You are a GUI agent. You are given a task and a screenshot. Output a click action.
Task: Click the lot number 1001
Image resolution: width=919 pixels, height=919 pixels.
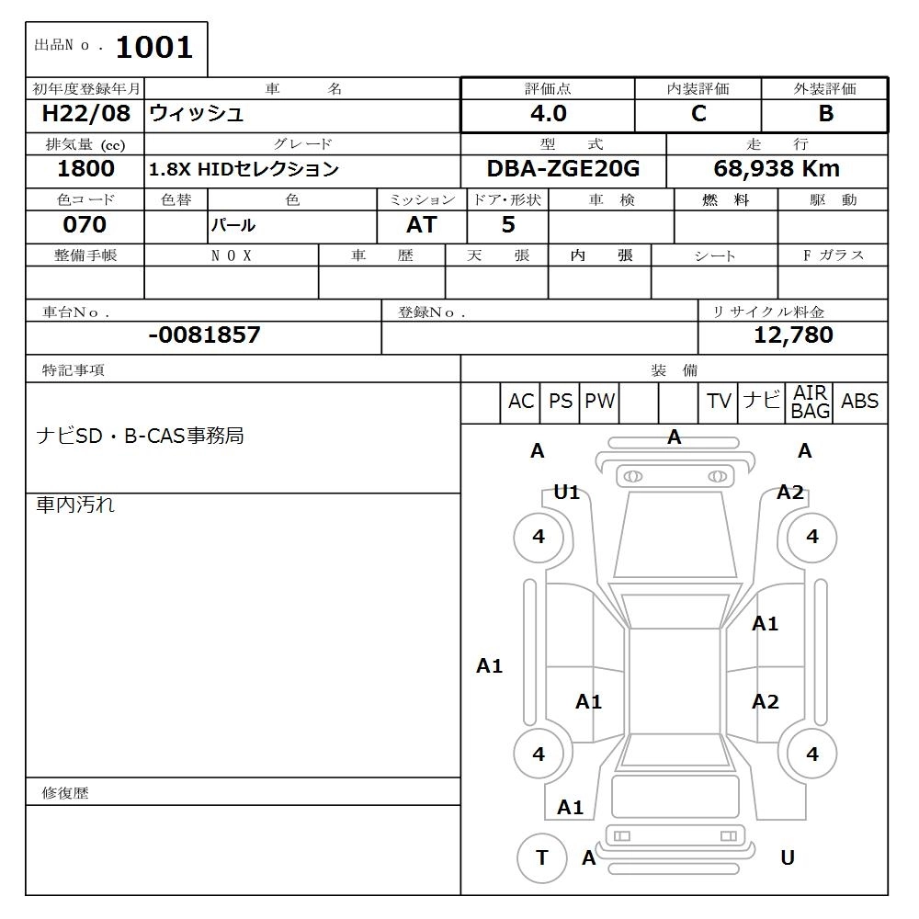[x=154, y=48]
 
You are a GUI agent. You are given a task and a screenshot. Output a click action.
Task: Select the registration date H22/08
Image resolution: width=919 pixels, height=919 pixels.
[x=82, y=114]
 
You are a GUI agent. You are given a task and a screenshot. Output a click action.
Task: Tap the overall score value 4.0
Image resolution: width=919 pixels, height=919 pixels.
[x=549, y=114]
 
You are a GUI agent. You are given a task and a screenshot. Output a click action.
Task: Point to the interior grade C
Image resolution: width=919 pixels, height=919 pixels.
[x=698, y=114]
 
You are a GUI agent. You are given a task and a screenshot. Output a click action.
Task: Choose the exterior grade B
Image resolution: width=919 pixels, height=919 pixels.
[x=825, y=114]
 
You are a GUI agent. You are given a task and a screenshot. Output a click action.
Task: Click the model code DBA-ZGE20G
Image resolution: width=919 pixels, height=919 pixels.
[x=563, y=169]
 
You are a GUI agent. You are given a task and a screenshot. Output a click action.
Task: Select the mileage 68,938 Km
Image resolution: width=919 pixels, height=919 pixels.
[x=777, y=169]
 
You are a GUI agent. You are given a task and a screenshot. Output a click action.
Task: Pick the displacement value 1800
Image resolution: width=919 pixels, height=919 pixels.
[x=85, y=169]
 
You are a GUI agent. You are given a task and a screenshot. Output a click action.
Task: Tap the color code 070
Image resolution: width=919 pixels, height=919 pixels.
[x=85, y=224]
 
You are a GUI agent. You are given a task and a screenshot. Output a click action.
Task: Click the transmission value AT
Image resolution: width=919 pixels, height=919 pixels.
[x=422, y=224]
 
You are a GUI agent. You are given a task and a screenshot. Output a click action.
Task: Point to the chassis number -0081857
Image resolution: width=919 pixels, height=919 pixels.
[x=204, y=335]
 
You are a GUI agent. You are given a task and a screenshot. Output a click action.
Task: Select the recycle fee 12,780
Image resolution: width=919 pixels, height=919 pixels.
[x=793, y=335]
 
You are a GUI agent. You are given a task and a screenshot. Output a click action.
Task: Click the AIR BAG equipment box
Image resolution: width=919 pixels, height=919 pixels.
[x=810, y=403]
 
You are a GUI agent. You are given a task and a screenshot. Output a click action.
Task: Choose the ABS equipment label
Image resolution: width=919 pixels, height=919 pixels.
[x=859, y=402]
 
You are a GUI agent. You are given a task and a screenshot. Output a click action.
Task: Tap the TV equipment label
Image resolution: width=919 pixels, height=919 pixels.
[x=719, y=402]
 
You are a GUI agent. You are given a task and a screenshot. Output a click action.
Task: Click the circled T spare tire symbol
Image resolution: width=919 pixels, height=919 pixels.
[x=541, y=858]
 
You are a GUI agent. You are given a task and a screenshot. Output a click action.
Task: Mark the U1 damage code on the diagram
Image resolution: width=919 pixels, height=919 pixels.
[x=567, y=493]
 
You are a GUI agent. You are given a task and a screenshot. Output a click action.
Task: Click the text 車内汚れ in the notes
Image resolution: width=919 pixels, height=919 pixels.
[x=75, y=505]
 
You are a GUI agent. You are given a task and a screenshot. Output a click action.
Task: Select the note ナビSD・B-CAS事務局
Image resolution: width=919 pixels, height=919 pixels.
[x=140, y=436]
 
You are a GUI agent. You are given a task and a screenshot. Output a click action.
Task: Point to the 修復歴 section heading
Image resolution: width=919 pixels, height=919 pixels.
[x=65, y=792]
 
